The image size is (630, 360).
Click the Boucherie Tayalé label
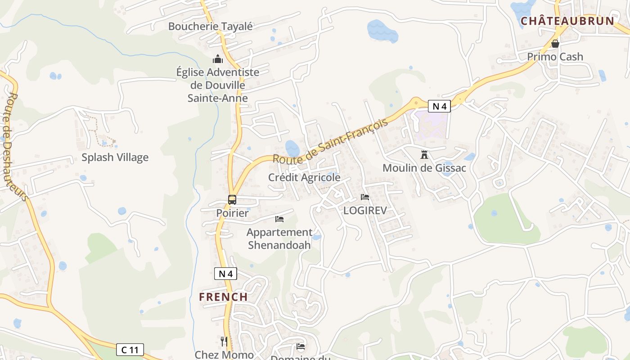[x=211, y=26]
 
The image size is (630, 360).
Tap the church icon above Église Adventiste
[x=218, y=59]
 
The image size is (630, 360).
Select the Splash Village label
[x=115, y=157]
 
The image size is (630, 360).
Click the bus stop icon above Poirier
[x=232, y=199]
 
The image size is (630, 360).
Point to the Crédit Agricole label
[x=304, y=177]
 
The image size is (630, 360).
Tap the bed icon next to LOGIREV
[x=365, y=197]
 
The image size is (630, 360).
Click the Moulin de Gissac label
[x=424, y=168]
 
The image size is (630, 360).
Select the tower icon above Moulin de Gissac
[x=424, y=155]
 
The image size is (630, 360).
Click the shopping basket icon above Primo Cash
[x=555, y=44]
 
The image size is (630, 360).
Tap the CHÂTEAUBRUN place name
[x=567, y=21]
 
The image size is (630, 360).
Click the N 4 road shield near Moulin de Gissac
[x=439, y=106]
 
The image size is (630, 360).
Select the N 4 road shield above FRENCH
[x=225, y=273]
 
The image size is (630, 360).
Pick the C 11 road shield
[x=130, y=349]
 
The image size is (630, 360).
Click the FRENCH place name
[x=224, y=297]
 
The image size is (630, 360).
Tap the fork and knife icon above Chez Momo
[x=224, y=342]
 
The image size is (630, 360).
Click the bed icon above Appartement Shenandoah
[x=279, y=219]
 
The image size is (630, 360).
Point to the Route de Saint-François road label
[x=330, y=141]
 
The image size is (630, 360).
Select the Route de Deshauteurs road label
[x=15, y=146]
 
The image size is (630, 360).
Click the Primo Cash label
[x=555, y=57]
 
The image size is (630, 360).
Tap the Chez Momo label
[x=224, y=355]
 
